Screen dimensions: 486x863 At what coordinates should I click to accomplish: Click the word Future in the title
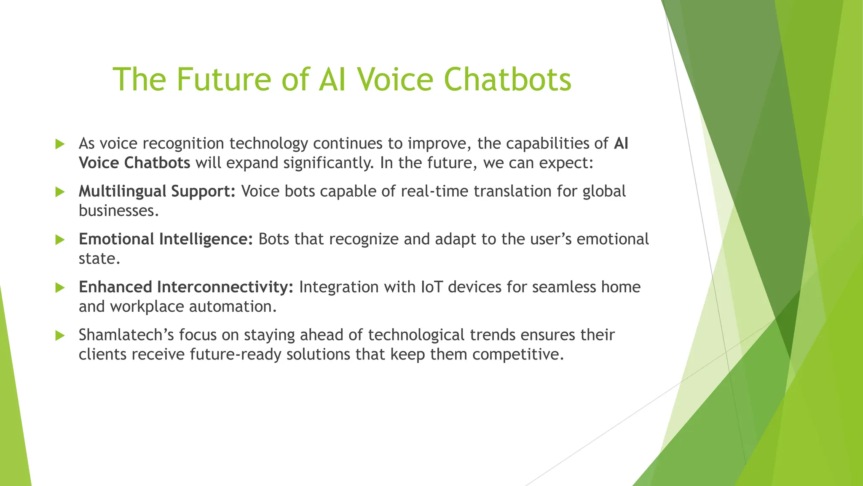[x=223, y=79]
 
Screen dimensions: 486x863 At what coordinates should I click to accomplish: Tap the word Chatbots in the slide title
[x=507, y=79]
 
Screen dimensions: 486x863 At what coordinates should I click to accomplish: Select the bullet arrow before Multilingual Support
[x=60, y=192]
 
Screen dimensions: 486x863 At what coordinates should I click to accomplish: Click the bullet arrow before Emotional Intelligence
[x=60, y=240]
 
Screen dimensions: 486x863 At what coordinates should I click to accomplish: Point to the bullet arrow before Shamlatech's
[x=60, y=336]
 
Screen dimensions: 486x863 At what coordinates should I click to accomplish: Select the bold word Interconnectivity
[x=225, y=287]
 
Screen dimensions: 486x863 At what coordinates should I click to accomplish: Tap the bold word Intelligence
[x=206, y=239]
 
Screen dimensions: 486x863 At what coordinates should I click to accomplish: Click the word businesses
[x=118, y=211]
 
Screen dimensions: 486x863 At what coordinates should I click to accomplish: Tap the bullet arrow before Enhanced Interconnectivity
[x=60, y=288]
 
